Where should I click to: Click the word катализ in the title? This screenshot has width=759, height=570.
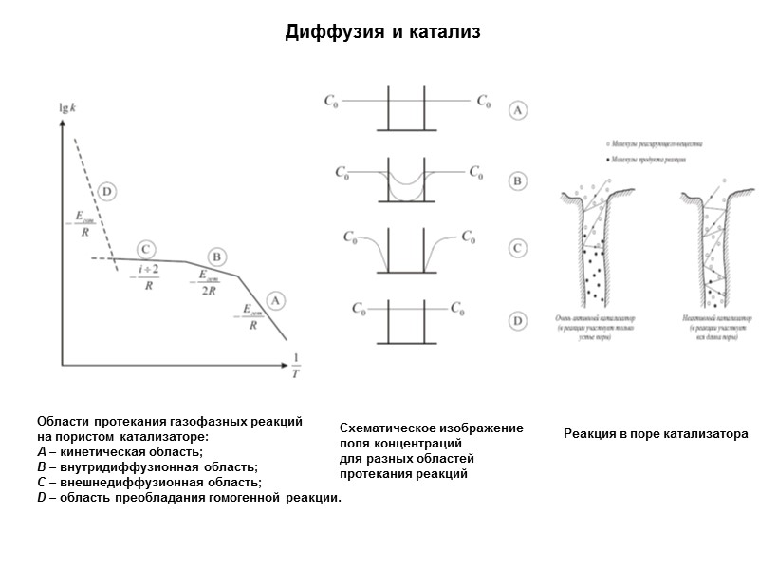click(447, 33)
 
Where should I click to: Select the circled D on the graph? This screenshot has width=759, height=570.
click(106, 192)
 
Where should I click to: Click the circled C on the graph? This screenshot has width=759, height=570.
click(146, 249)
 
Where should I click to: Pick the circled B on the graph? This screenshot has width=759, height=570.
click(217, 256)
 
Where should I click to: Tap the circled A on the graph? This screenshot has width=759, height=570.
click(274, 300)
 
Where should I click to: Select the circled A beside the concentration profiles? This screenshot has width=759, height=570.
click(518, 110)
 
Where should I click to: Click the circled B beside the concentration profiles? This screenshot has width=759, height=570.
click(518, 179)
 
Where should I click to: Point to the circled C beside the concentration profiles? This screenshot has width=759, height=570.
click(518, 249)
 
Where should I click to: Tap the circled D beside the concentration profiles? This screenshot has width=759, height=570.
click(518, 321)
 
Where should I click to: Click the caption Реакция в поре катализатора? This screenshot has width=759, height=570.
click(656, 434)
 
